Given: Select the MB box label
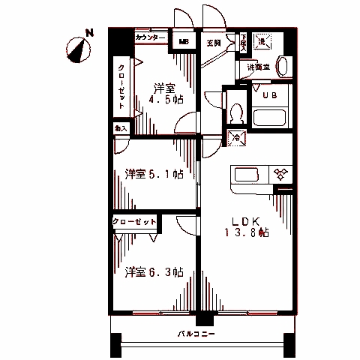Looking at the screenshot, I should (184, 42).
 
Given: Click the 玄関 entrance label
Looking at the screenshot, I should (214, 43).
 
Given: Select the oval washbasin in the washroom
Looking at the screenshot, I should (283, 64).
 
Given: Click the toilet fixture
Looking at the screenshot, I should (235, 112).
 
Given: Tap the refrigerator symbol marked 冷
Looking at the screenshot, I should (235, 137).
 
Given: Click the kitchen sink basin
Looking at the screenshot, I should (247, 175).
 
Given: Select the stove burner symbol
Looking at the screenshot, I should (280, 175).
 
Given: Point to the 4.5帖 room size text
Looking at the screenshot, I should (163, 101).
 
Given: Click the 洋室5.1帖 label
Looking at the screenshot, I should (154, 175).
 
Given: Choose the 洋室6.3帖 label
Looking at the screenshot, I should (154, 272).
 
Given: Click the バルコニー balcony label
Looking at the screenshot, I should (196, 334).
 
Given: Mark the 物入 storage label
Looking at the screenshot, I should (120, 129).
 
